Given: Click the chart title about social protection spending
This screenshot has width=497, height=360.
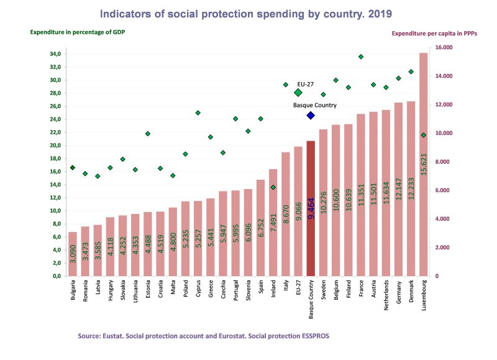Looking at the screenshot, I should tap(246, 13).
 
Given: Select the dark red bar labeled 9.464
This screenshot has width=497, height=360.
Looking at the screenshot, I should tap(311, 208).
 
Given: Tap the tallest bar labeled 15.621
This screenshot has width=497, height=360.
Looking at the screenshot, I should tap(423, 164).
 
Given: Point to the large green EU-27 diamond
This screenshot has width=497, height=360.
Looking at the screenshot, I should tap(298, 93).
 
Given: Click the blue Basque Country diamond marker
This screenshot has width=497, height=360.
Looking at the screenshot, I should tap(311, 115).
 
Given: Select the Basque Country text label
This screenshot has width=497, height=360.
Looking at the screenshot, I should tap(315, 106).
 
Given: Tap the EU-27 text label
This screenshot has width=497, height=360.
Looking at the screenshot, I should tap(304, 83).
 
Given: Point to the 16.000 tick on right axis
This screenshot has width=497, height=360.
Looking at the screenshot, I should tap(444, 47).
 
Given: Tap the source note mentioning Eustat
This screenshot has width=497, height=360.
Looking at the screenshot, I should tap(204, 336).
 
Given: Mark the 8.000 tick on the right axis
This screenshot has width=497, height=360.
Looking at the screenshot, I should tap(444, 162).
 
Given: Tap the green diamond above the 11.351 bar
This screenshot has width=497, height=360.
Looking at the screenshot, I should tap(360, 57).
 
